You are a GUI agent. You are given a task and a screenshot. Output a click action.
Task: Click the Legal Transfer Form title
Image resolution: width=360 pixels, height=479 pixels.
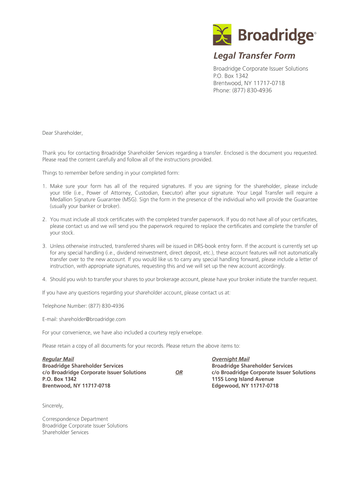pyautogui.click(x=254, y=56)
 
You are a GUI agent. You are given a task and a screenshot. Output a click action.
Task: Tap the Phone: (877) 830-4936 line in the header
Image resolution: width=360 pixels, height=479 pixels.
pyautogui.click(x=242, y=90)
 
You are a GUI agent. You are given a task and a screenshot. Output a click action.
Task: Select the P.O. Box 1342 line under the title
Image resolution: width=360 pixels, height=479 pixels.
pyautogui.click(x=230, y=76)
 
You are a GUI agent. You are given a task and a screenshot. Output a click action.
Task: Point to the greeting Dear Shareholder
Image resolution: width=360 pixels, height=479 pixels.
pyautogui.click(x=62, y=133)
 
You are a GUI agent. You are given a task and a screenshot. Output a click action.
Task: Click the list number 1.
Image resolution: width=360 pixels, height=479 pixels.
pyautogui.click(x=44, y=186)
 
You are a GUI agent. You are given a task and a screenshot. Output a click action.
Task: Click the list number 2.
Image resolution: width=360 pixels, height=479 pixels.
pyautogui.click(x=44, y=219)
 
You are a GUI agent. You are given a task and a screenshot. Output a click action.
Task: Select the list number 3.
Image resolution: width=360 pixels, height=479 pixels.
pyautogui.click(x=44, y=246)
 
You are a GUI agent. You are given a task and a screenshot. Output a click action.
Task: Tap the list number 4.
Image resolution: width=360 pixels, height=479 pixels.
pyautogui.click(x=44, y=279)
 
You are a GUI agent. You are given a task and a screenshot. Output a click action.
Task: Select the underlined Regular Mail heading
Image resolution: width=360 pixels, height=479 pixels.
pyautogui.click(x=58, y=359)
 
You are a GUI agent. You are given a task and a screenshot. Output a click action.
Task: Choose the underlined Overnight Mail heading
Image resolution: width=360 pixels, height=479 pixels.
pyautogui.click(x=230, y=359)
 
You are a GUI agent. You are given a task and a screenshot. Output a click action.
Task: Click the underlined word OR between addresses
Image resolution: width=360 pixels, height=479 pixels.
pyautogui.click(x=179, y=373)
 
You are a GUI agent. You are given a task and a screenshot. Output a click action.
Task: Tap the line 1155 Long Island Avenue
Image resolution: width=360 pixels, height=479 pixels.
pyautogui.click(x=243, y=379)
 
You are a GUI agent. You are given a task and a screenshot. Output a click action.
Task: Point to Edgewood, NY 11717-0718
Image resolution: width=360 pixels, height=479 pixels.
pyautogui.click(x=245, y=386)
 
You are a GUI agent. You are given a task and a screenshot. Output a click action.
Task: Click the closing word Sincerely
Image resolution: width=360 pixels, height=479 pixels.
pyautogui.click(x=53, y=406)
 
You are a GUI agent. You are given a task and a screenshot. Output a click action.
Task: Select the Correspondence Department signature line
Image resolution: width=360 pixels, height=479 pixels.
pyautogui.click(x=75, y=419)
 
